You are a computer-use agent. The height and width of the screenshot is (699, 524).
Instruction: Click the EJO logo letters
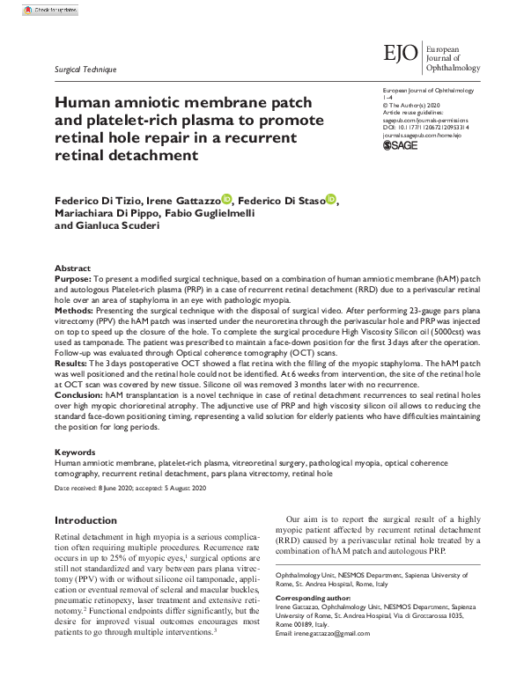point(402,53)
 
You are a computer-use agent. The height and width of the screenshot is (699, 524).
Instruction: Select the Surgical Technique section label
point(85,70)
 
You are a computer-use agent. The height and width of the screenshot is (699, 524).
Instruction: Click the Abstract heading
point(72,268)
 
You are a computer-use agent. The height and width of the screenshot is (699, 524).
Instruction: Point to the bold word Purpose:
point(73,278)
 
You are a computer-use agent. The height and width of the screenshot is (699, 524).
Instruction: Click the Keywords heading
point(76,452)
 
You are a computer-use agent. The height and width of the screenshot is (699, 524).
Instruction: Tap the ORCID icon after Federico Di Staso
point(331,200)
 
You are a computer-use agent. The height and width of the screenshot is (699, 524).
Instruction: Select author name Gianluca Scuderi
point(119,226)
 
